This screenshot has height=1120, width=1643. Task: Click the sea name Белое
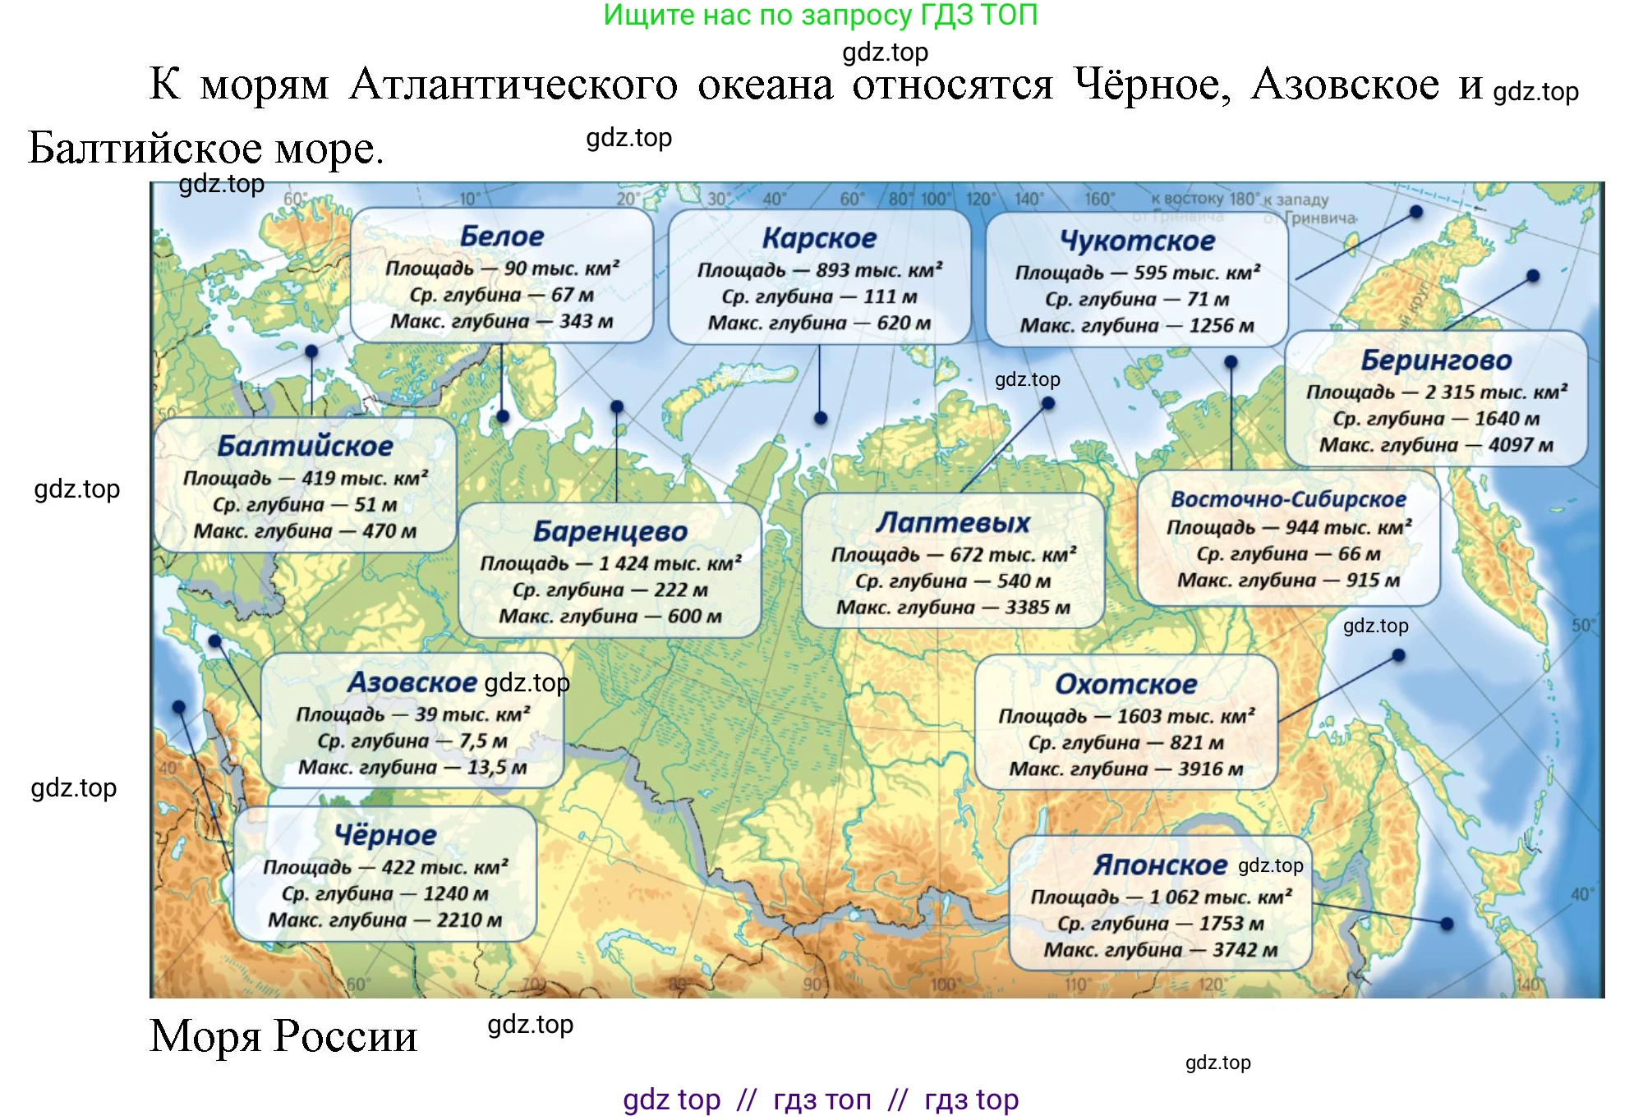click(x=501, y=236)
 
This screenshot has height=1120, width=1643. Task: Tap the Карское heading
click(x=819, y=238)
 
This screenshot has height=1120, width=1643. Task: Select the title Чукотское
click(x=1137, y=241)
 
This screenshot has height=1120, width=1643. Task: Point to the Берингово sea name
click(x=1436, y=360)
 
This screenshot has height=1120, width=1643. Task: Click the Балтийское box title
click(x=305, y=446)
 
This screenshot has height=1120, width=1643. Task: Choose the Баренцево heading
click(x=610, y=531)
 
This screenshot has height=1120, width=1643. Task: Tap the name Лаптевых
click(x=952, y=523)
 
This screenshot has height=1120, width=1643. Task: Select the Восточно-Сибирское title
click(x=1288, y=499)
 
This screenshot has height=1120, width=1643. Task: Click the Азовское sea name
click(x=412, y=682)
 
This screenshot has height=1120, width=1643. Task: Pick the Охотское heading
click(x=1125, y=684)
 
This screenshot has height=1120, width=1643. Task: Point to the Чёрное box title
click(x=385, y=836)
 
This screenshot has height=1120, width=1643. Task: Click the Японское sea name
click(x=1160, y=865)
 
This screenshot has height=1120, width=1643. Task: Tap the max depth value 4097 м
click(x=1521, y=445)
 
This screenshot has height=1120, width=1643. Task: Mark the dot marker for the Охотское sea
click(x=1398, y=655)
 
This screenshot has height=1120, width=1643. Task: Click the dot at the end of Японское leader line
click(x=1447, y=924)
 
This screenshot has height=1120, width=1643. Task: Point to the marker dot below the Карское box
click(x=820, y=418)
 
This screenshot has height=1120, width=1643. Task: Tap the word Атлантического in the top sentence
click(x=513, y=85)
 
